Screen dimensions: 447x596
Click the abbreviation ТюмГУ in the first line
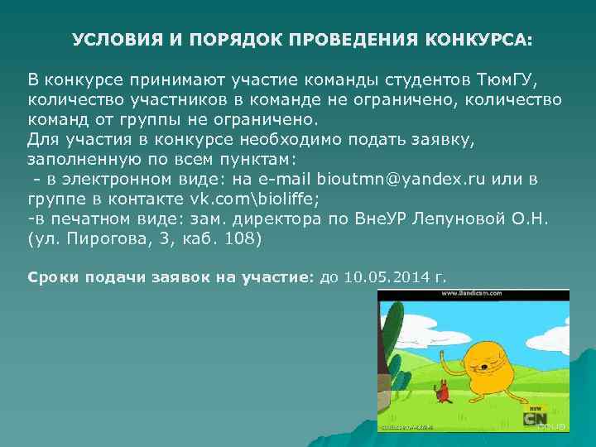(x=507, y=80)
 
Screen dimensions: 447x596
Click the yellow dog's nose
(x=482, y=363)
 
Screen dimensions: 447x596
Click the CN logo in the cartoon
(x=534, y=418)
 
